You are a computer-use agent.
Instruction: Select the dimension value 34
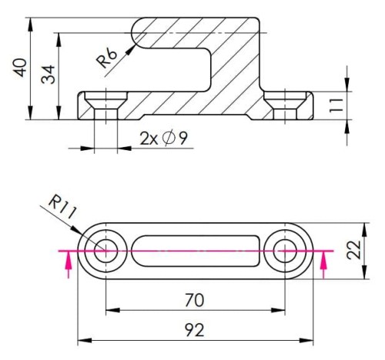49,75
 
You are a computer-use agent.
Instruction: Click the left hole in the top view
104,250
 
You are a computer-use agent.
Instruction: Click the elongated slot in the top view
196,250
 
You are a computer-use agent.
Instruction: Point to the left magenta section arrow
69,265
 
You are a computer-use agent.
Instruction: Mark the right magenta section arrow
323,265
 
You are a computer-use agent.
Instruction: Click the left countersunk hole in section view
104,104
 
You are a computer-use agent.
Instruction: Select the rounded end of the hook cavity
139,33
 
